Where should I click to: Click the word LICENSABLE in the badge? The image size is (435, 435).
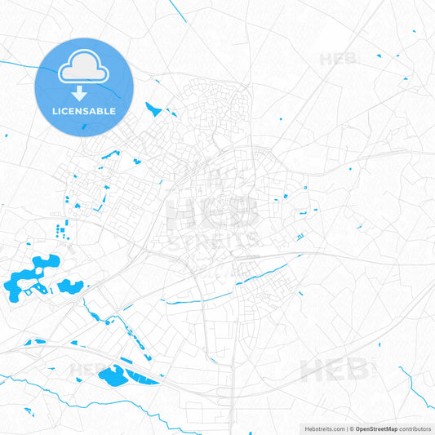point(84,111)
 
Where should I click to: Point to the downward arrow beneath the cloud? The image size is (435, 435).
point(84,92)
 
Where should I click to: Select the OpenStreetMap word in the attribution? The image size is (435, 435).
point(376,428)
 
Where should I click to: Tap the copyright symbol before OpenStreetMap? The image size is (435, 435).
point(351,428)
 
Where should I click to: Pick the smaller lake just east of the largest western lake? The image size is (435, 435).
point(69,286)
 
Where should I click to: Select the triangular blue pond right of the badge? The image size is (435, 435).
point(153,108)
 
